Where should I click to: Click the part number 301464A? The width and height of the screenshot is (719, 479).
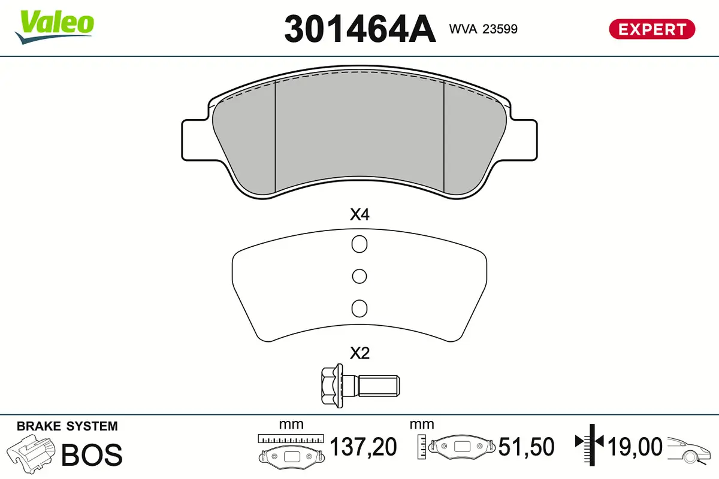(359, 28)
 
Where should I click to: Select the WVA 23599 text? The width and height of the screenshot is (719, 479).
(483, 28)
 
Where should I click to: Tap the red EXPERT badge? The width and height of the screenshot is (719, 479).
(652, 29)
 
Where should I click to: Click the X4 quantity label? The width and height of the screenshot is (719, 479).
(359, 215)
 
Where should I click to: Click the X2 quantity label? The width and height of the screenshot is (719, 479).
(359, 353)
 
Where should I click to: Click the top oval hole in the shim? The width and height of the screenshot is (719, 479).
(359, 244)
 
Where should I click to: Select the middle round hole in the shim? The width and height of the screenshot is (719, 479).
(359, 276)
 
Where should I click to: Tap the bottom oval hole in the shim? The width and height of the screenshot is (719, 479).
(359, 308)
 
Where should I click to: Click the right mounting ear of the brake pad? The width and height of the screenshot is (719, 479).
(521, 140)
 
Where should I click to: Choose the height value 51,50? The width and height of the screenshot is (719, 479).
(526, 447)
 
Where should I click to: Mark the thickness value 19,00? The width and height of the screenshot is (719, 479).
(635, 447)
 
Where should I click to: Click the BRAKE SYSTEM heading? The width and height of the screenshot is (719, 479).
(67, 426)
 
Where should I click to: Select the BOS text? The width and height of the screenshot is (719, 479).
(92, 455)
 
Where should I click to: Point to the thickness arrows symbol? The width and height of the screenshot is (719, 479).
(590, 444)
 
